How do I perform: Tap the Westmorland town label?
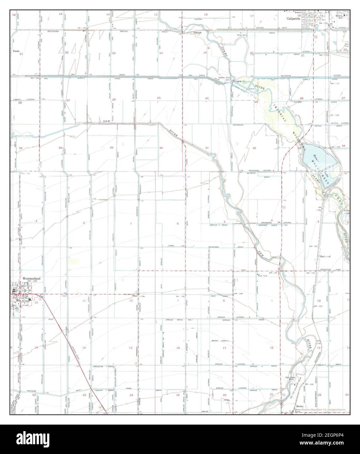[31, 278]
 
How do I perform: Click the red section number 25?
[159, 98]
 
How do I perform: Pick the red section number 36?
[161, 148]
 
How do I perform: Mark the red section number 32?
[254, 148]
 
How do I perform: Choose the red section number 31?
[207, 148]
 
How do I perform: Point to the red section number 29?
[256, 102]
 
